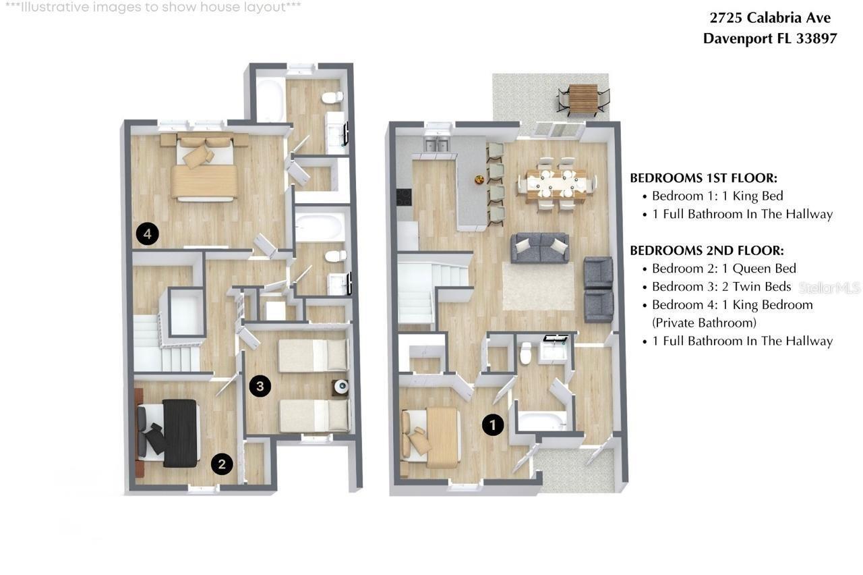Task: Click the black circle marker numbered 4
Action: tap(147, 234)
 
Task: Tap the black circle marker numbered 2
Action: tap(222, 464)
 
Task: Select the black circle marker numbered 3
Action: tap(260, 386)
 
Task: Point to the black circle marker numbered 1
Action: tap(494, 425)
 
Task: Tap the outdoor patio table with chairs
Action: tap(583, 99)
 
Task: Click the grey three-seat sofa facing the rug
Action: tap(539, 247)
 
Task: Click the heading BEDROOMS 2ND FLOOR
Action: tap(707, 250)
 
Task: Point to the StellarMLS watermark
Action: tap(830, 288)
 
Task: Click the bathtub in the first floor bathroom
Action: tap(541, 421)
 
